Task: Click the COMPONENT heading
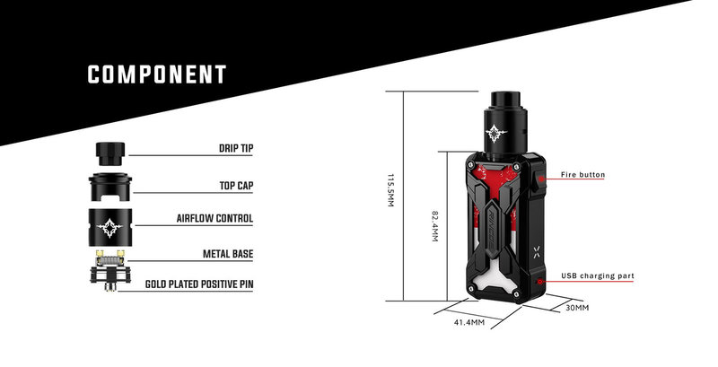157,74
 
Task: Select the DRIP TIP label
236,149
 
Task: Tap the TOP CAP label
236,186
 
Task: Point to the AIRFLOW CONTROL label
215,218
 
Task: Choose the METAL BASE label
228,254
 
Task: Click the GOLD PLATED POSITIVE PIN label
199,284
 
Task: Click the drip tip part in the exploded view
109,153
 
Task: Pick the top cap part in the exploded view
109,187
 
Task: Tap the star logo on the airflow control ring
109,227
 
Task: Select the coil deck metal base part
109,270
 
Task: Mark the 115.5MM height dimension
390,190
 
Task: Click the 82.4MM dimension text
435,226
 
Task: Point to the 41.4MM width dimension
469,322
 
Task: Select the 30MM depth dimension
577,308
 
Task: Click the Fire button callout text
582,174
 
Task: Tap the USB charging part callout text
598,276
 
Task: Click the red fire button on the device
541,179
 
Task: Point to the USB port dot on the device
540,282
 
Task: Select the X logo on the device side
538,250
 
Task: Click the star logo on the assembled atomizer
496,133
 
